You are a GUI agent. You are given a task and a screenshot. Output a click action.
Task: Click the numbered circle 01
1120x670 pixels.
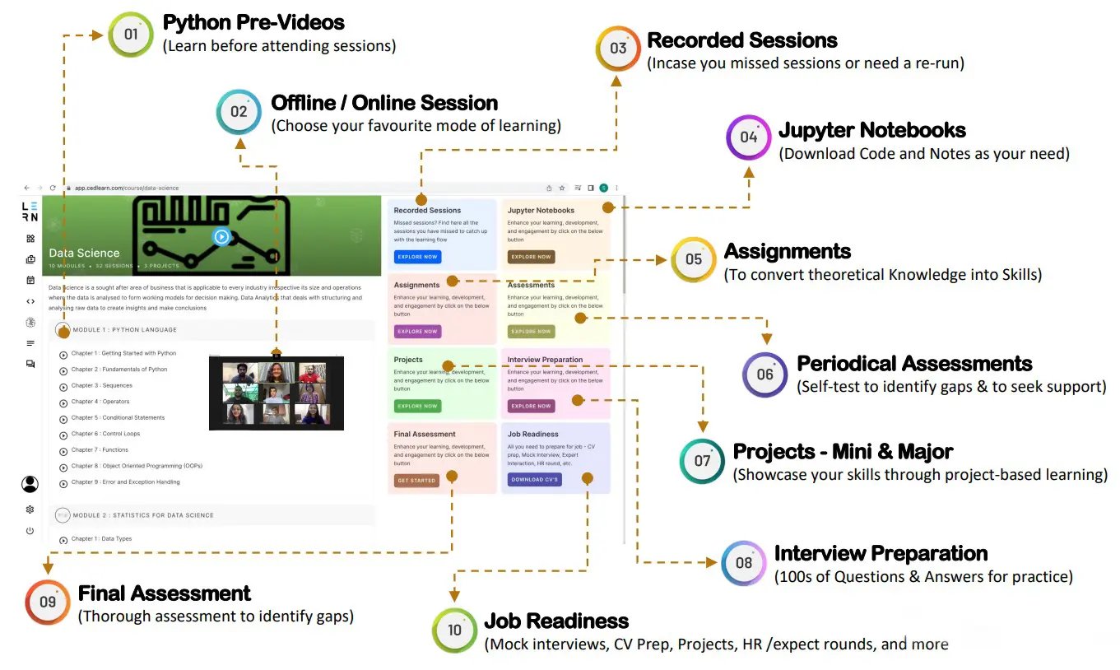[x=130, y=35]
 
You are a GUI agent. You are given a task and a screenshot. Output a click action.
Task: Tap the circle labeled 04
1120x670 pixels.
[x=748, y=137]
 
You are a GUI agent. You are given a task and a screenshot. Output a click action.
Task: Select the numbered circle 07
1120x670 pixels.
[x=702, y=460]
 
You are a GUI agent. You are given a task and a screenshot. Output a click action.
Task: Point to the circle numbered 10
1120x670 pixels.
[x=454, y=630]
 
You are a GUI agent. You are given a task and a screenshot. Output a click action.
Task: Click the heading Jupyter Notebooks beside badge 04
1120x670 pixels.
[x=871, y=130]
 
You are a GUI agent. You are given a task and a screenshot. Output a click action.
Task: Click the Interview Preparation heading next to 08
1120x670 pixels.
[x=881, y=553]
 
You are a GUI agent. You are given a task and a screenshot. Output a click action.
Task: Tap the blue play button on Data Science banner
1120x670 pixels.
[x=221, y=237]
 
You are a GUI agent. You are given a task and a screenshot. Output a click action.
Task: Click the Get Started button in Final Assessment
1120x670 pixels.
[x=416, y=480]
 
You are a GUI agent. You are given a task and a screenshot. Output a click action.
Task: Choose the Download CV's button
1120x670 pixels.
[x=534, y=479]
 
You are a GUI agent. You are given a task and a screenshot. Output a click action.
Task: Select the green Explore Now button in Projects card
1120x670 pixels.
[x=417, y=406]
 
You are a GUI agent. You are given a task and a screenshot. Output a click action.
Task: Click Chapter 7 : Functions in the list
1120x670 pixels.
[x=100, y=450]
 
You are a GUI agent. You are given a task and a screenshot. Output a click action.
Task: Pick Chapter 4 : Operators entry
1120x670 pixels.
[x=100, y=402]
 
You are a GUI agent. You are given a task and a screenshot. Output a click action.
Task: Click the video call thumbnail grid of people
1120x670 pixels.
[x=277, y=393]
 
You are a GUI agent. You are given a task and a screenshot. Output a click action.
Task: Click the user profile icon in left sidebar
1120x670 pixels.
[x=30, y=484]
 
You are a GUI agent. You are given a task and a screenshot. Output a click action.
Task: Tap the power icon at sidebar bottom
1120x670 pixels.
[x=30, y=531]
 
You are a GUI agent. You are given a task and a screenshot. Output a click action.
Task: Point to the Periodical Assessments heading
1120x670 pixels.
[x=913, y=364]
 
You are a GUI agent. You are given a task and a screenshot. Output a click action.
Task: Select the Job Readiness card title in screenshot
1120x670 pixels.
[x=532, y=434]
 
